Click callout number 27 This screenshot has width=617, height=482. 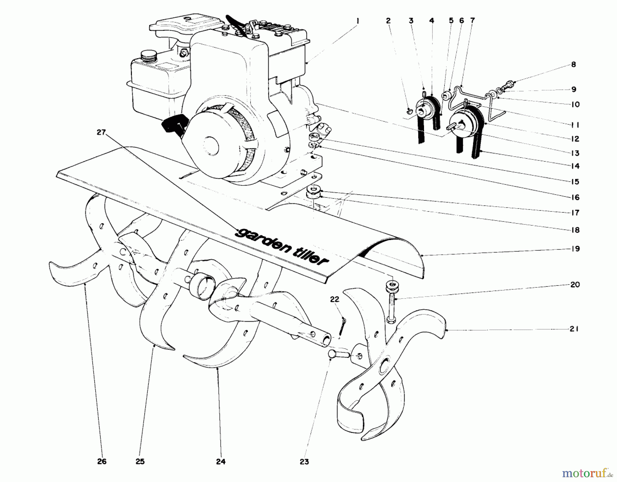pyautogui.click(x=101, y=132)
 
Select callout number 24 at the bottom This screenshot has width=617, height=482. pyautogui.click(x=221, y=462)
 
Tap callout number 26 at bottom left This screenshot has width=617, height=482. pyautogui.click(x=102, y=461)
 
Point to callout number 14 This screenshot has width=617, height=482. pyautogui.click(x=575, y=166)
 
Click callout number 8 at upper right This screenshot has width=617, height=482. pyautogui.click(x=574, y=64)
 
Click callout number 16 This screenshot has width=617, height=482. pyautogui.click(x=575, y=197)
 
